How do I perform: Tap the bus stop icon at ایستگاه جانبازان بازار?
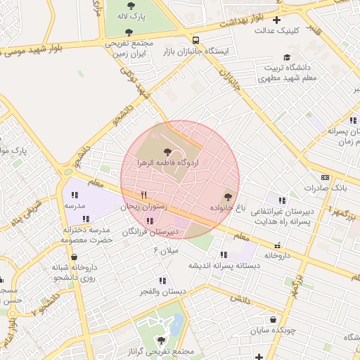[195, 40]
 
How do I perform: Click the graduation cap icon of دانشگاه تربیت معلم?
[286, 58]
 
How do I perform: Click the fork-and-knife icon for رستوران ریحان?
[143, 195]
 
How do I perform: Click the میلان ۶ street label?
[167, 250]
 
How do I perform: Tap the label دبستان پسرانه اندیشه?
[224, 266]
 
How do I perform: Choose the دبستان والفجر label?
[162, 291]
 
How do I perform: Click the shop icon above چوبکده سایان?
[273, 319]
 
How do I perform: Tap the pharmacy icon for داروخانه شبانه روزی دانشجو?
[74, 257]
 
